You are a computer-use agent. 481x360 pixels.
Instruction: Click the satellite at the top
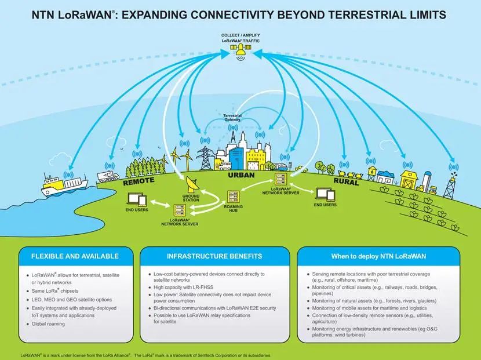pos(240,54)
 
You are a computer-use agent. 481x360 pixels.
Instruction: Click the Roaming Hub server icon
pos(234,199)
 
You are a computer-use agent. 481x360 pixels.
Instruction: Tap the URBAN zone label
pos(241,174)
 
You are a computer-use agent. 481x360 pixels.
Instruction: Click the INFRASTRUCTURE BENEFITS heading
pos(214,256)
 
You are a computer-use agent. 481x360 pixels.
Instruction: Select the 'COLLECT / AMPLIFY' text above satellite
pos(240,34)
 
